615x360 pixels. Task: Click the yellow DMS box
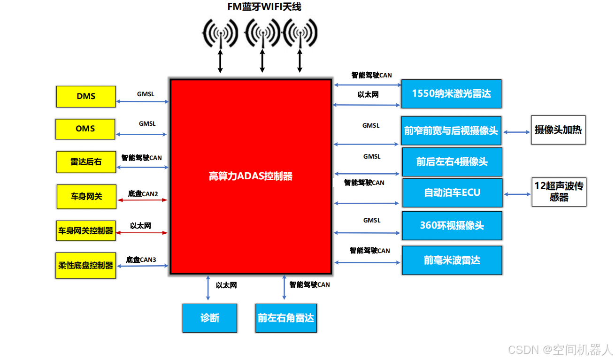point(86,96)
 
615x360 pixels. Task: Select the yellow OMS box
point(85,129)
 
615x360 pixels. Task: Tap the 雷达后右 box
point(86,162)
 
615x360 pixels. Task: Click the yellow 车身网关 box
point(86,196)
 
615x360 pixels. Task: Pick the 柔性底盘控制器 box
point(85,265)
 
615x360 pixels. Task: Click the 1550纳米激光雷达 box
point(451,93)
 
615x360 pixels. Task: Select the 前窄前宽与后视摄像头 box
point(451,130)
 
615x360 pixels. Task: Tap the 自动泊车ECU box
point(452,192)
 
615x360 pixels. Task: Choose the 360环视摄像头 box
point(452,225)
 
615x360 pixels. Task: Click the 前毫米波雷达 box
point(452,260)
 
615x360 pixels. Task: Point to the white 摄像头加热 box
point(558,130)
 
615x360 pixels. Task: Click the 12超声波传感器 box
point(559,191)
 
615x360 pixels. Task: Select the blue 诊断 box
point(209,318)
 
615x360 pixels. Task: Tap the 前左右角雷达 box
point(285,318)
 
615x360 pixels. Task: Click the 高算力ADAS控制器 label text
point(250,176)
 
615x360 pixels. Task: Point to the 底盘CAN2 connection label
point(143,193)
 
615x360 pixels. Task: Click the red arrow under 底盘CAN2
point(142,200)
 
